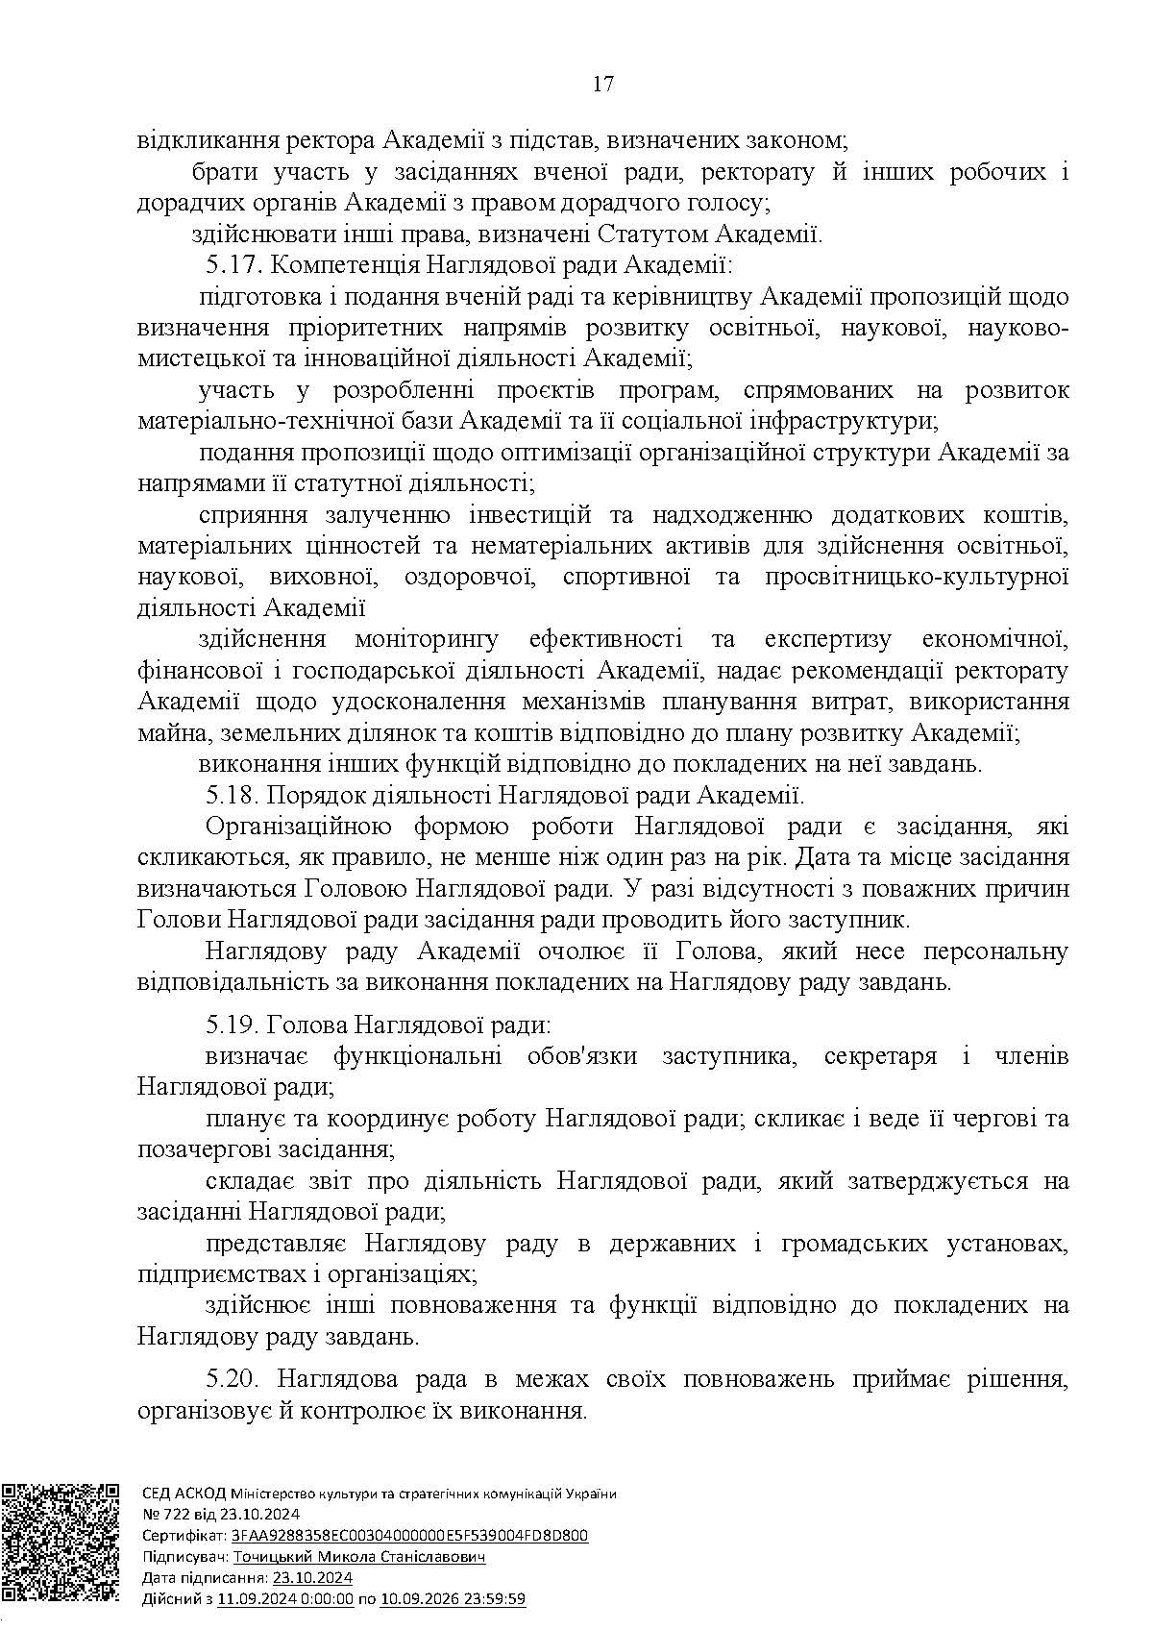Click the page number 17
click(602, 84)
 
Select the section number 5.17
click(232, 265)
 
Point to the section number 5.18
click(232, 796)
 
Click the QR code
click(61, 1547)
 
